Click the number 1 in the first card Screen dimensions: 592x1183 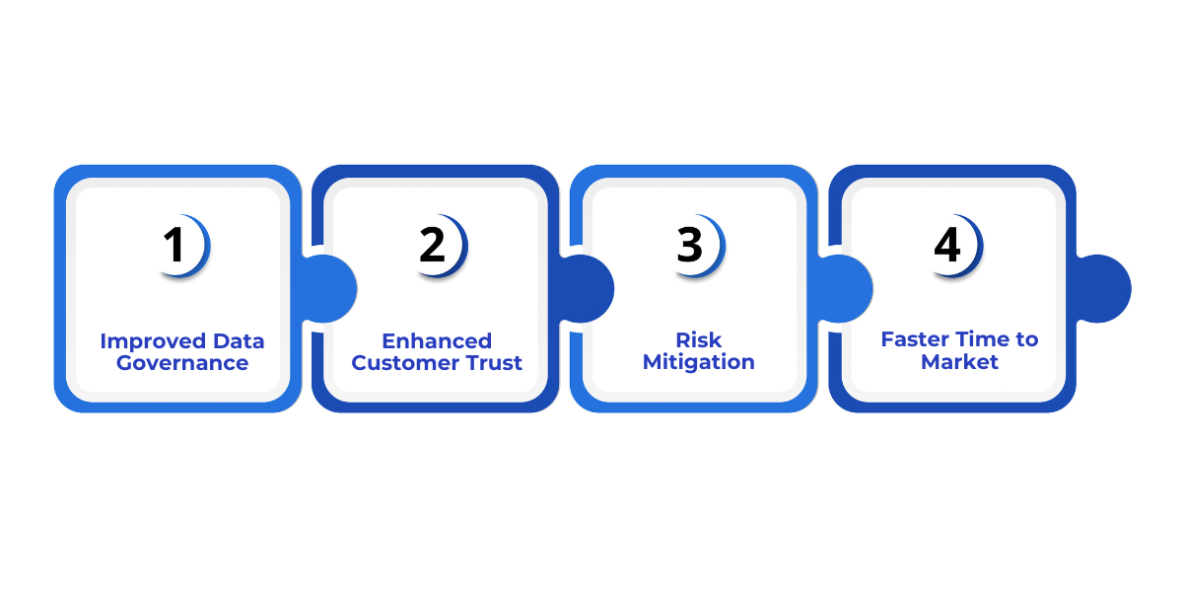tap(174, 246)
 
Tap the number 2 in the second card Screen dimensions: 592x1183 tap(433, 246)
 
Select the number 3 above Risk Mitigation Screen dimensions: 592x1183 tap(690, 246)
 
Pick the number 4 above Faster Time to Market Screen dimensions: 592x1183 tap(947, 246)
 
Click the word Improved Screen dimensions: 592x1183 tap(141, 341)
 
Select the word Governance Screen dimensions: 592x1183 tap(182, 363)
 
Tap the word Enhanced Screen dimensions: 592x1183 tap(437, 341)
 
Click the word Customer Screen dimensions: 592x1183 tap(404, 363)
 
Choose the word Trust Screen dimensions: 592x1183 tap(492, 363)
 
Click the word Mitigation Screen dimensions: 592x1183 tap(699, 363)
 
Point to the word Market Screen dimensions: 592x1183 tap(960, 362)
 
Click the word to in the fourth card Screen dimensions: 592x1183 tap(1027, 340)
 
